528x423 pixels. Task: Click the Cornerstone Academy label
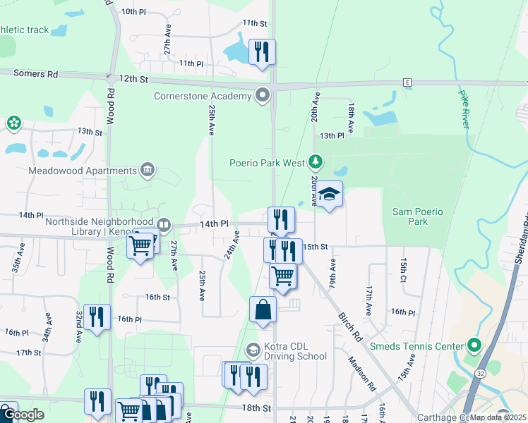point(203,96)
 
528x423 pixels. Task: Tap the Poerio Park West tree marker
point(316,163)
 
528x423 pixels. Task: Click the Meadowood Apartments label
point(83,171)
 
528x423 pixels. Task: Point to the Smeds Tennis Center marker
point(474,346)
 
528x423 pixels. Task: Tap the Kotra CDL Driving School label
point(295,351)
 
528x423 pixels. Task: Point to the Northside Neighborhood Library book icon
point(164,226)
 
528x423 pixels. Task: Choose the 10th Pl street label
point(133,11)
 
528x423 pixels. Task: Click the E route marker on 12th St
point(407,82)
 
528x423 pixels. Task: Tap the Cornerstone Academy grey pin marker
point(264,94)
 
